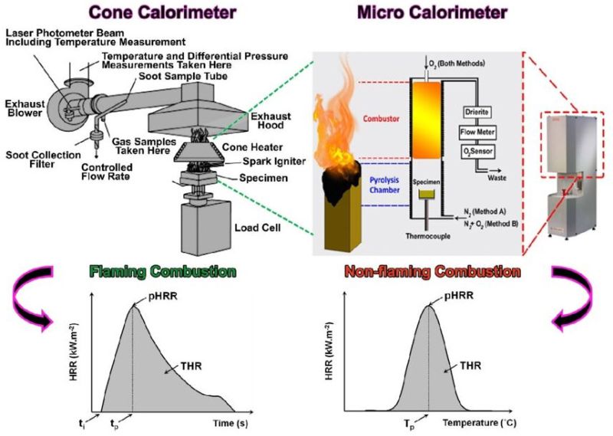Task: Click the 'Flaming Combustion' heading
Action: click(162, 271)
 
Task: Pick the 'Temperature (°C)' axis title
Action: click(487, 421)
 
